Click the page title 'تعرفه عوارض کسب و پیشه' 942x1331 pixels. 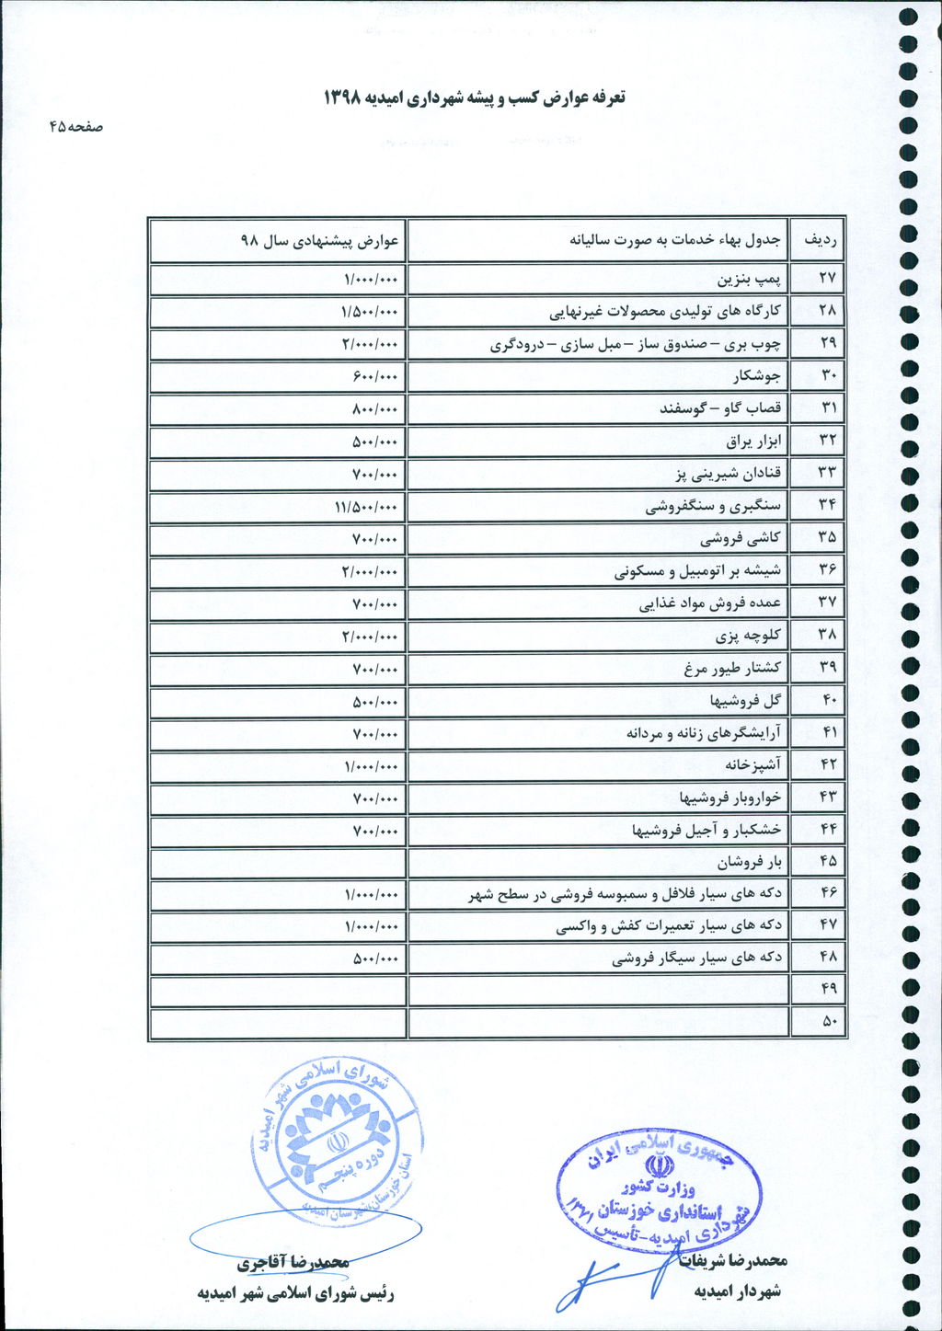(x=474, y=98)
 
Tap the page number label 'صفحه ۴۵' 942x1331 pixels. (x=76, y=128)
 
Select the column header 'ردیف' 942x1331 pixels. (x=818, y=241)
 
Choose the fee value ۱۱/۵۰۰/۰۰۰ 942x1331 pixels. (x=369, y=506)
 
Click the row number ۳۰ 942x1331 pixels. (x=828, y=376)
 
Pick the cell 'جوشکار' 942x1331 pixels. (x=757, y=376)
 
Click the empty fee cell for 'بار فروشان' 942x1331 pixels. (x=277, y=863)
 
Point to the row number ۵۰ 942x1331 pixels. (x=828, y=1021)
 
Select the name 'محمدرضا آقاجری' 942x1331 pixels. (x=293, y=1263)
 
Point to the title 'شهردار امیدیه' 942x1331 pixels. (x=737, y=1291)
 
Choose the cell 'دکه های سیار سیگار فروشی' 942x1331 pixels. (x=696, y=958)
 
